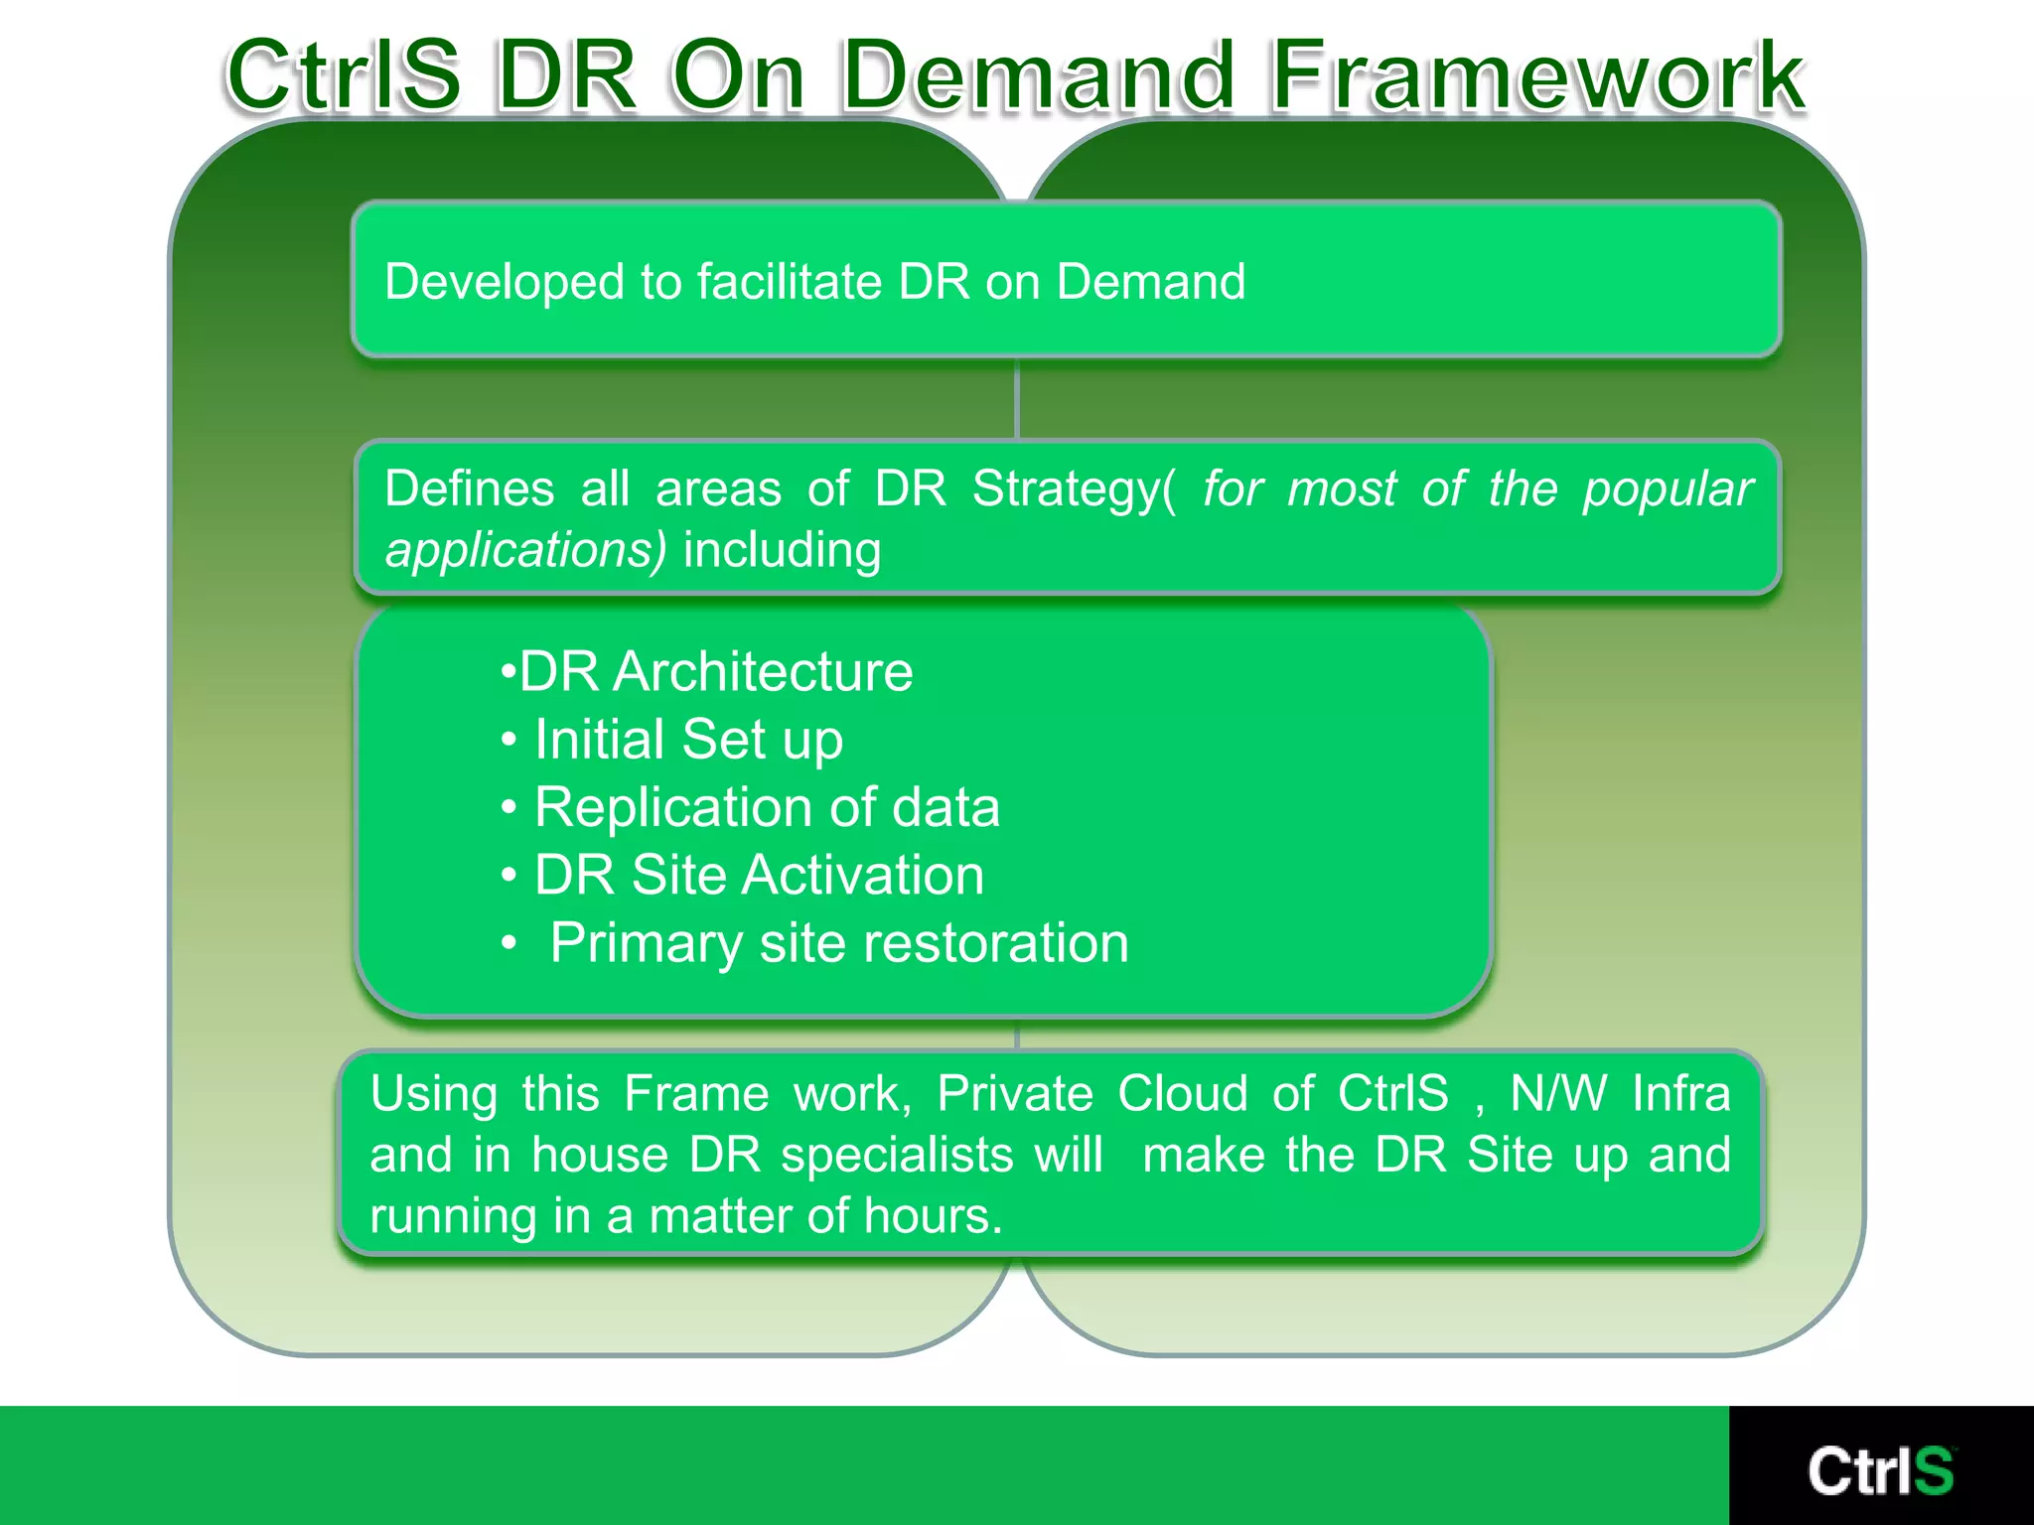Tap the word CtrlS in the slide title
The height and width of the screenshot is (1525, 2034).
(344, 75)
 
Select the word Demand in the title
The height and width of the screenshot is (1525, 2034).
(1039, 75)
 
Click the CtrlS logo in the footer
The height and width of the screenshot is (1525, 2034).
(1880, 1470)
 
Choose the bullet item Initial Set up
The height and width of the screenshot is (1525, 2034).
(687, 740)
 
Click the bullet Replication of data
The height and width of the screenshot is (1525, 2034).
(766, 807)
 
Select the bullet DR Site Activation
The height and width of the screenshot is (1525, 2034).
(758, 876)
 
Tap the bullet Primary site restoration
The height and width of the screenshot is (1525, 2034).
(838, 943)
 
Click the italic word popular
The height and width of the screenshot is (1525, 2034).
(1668, 489)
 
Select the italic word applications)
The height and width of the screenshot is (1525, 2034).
(525, 550)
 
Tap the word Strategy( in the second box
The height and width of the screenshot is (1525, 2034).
(1073, 489)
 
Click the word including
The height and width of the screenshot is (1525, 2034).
(782, 550)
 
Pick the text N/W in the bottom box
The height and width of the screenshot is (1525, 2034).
(1557, 1094)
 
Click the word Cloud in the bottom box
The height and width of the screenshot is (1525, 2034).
(1182, 1094)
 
